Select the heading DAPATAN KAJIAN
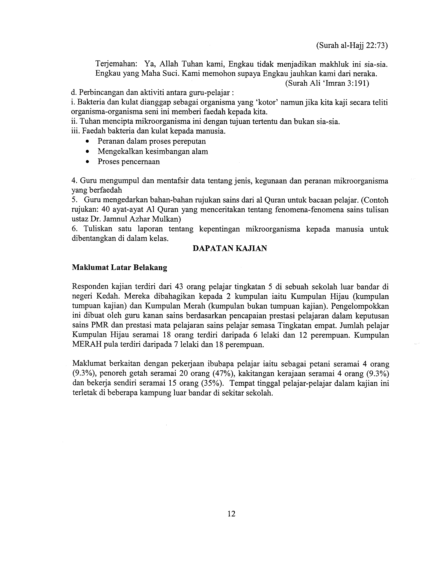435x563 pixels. click(x=230, y=248)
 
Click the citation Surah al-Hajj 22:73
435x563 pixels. click(x=352, y=46)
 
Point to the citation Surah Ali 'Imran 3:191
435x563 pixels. click(x=327, y=84)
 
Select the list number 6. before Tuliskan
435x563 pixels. click(x=74, y=229)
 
